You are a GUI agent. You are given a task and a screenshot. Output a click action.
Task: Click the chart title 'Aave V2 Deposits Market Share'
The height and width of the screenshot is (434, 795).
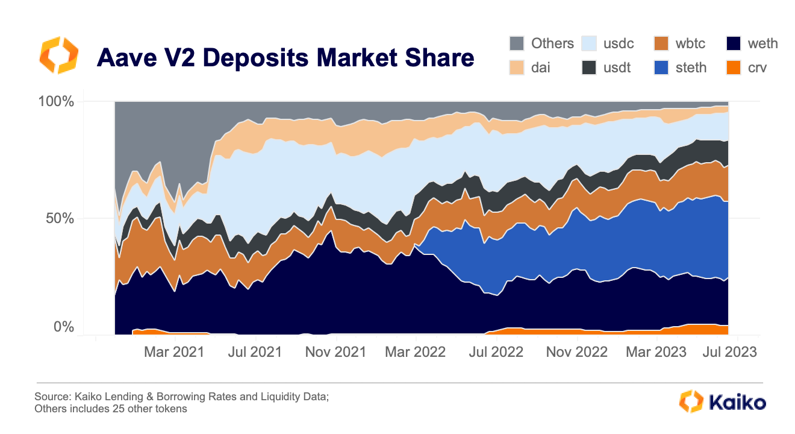[285, 58]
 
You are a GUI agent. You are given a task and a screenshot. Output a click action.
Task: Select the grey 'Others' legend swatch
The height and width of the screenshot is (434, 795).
[517, 43]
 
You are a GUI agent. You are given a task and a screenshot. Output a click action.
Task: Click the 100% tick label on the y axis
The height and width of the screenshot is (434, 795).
[57, 101]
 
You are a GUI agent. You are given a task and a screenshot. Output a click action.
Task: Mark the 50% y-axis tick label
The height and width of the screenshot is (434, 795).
[60, 218]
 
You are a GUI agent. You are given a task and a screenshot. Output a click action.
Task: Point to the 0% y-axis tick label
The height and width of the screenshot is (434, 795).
[64, 327]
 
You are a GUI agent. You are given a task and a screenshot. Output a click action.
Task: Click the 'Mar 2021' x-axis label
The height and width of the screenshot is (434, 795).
[175, 352]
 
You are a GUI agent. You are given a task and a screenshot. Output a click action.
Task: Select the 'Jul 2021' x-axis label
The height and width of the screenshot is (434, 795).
[255, 352]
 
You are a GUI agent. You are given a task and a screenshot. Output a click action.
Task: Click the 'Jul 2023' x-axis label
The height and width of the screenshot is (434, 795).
[728, 352]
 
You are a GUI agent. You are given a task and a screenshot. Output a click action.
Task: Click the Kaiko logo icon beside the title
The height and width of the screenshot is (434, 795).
[58, 55]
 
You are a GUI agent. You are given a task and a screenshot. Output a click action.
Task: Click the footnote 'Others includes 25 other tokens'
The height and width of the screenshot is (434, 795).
[111, 409]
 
